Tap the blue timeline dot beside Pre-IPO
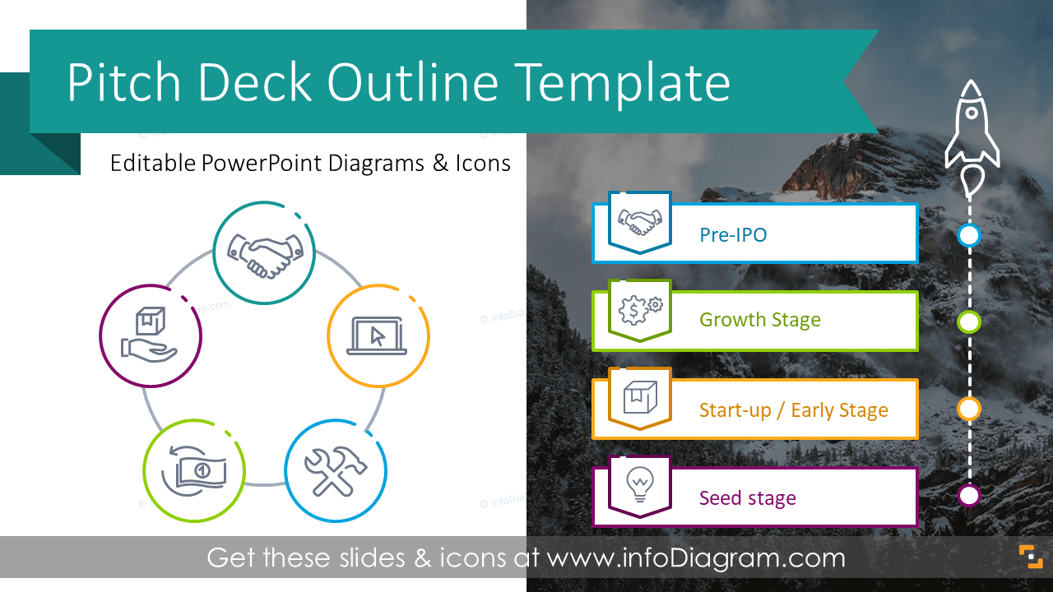(x=970, y=236)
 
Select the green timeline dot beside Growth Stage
(x=970, y=321)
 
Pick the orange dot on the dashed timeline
(x=970, y=409)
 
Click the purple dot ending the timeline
(x=970, y=496)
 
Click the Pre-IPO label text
(x=733, y=235)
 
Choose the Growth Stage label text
(x=759, y=320)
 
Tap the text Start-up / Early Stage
(x=793, y=410)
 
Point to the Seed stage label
(x=747, y=498)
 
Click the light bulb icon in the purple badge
(x=639, y=484)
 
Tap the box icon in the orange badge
(x=639, y=397)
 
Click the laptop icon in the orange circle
(x=378, y=336)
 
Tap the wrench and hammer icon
(x=335, y=471)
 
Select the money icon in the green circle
(x=194, y=470)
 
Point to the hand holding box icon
(x=150, y=335)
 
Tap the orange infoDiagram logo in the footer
(x=1031, y=557)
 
